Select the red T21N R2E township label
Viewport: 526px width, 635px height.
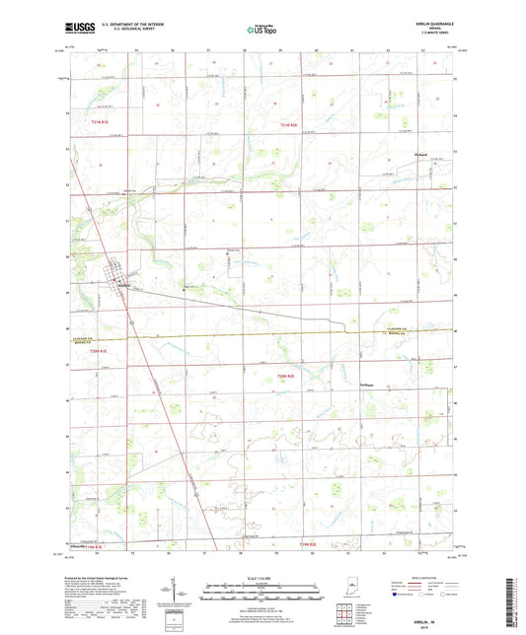coord(287,125)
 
